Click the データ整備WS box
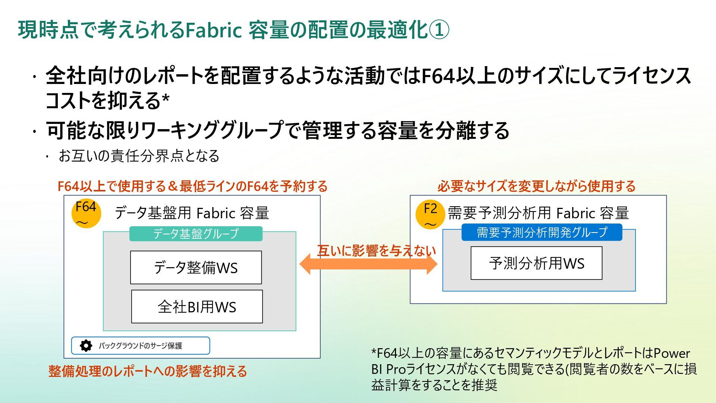tap(196, 268)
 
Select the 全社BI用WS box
tap(197, 307)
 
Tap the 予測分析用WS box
tap(536, 263)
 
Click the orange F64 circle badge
tap(86, 213)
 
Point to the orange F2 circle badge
tap(430, 214)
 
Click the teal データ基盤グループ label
tap(196, 234)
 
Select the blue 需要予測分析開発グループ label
tap(542, 232)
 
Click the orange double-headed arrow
tap(368, 264)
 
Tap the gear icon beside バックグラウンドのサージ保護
tap(86, 346)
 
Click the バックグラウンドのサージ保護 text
tap(141, 346)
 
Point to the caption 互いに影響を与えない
tap(377, 251)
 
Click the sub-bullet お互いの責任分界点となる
tap(139, 156)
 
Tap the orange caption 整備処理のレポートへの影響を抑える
tap(148, 371)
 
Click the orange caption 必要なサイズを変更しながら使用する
tap(536, 186)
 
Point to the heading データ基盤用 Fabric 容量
tap(192, 213)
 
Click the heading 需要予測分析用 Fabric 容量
tap(538, 213)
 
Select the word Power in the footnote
tap(672, 353)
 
